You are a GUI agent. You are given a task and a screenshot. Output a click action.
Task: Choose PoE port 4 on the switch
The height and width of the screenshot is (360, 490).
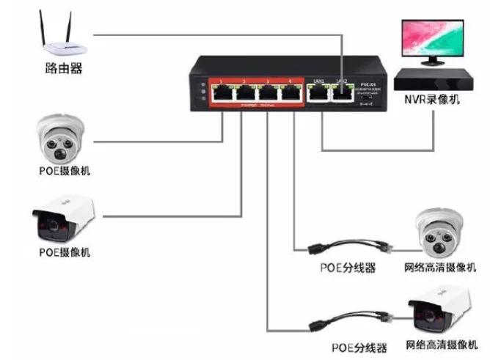click(x=291, y=92)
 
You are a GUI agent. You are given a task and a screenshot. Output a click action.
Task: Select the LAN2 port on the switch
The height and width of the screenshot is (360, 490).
click(x=341, y=92)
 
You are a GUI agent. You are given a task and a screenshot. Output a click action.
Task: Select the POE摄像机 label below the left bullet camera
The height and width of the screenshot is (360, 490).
click(x=64, y=252)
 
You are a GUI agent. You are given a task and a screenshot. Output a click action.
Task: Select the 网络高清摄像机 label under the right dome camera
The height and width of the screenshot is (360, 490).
click(x=440, y=268)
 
